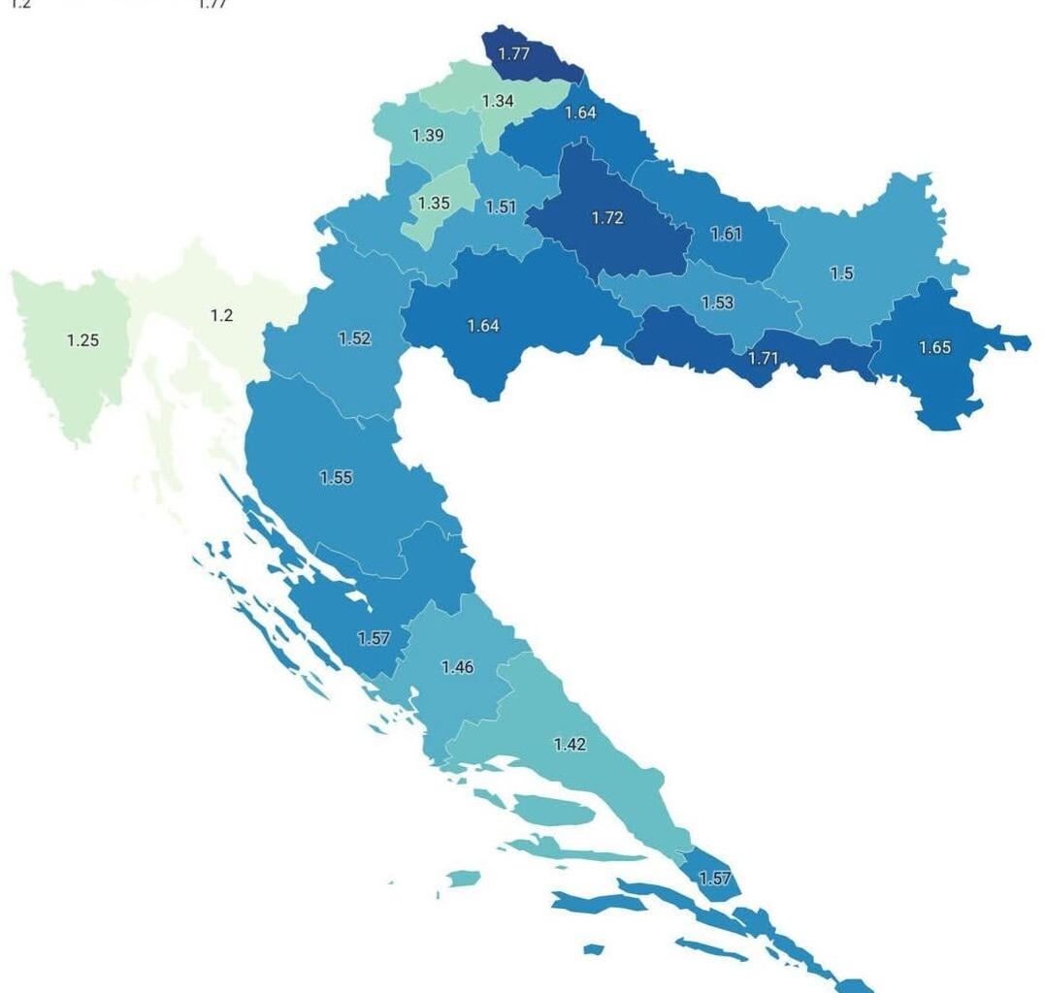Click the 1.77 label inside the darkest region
click(x=514, y=54)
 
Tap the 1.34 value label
click(x=498, y=101)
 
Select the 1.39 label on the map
click(x=428, y=136)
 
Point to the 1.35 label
click(x=433, y=204)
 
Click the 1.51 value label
click(x=501, y=207)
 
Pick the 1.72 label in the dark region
click(x=607, y=218)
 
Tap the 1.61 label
click(x=727, y=234)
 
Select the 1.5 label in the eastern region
click(x=842, y=273)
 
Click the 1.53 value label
click(x=717, y=303)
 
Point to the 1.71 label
click(x=764, y=359)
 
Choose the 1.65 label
click(x=934, y=348)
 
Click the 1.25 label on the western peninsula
click(x=82, y=340)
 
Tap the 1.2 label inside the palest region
click(x=221, y=315)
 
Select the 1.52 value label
click(x=354, y=338)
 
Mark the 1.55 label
click(x=336, y=477)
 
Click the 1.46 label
click(x=457, y=667)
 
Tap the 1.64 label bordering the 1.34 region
click(x=580, y=112)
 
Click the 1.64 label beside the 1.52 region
click(x=483, y=326)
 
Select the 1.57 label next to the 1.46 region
click(x=374, y=638)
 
